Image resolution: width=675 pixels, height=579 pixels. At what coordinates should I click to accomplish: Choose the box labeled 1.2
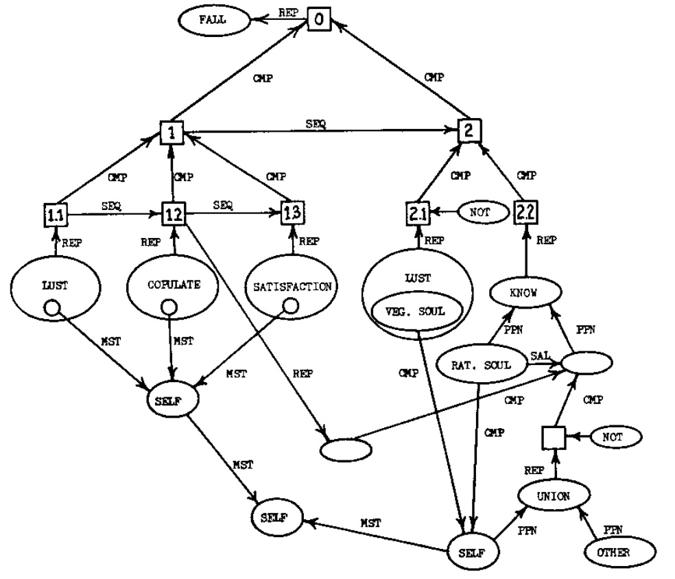[x=172, y=215]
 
